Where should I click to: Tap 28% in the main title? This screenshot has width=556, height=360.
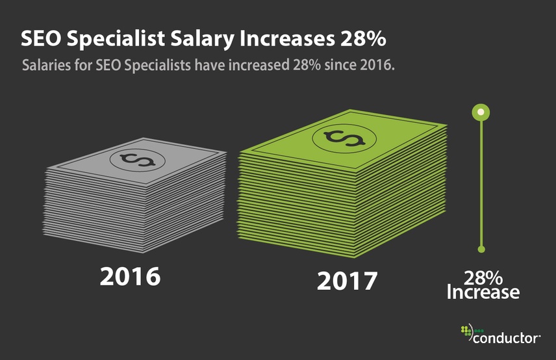364,39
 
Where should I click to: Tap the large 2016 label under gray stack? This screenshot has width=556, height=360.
129,276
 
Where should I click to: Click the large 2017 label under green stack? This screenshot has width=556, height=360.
347,281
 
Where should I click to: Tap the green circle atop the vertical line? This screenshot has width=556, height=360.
481,112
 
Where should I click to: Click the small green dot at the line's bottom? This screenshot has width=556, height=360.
481,249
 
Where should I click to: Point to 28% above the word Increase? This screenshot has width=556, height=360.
483,277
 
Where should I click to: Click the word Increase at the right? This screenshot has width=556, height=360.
483,293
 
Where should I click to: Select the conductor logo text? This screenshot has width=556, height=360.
507,338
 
